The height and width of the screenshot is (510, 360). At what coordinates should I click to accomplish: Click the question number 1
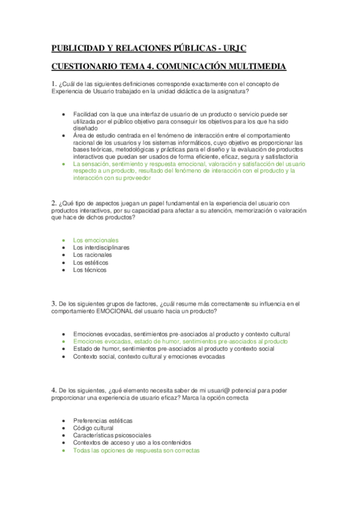tap(53, 84)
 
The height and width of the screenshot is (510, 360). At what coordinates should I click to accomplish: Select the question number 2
tap(53, 202)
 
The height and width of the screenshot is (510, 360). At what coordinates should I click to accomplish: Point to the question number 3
tap(53, 304)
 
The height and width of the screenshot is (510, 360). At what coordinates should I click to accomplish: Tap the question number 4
tap(53, 390)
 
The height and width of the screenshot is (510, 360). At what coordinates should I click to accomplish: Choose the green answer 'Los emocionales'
tap(96, 240)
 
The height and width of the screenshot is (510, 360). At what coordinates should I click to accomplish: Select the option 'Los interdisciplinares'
tap(101, 247)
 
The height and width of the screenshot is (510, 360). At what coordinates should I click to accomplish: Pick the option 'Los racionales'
tap(93, 255)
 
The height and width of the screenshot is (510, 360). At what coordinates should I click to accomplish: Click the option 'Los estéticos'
tap(91, 262)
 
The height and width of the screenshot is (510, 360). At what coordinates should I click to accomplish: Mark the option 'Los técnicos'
tap(90, 270)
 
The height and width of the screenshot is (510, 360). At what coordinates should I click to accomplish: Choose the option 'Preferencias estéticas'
tap(103, 420)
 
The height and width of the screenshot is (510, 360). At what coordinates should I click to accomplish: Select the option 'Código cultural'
tap(93, 428)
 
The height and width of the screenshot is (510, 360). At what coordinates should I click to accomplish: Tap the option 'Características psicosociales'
tap(112, 435)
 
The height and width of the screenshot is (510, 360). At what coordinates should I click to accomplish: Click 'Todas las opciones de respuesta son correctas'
tap(136, 450)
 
